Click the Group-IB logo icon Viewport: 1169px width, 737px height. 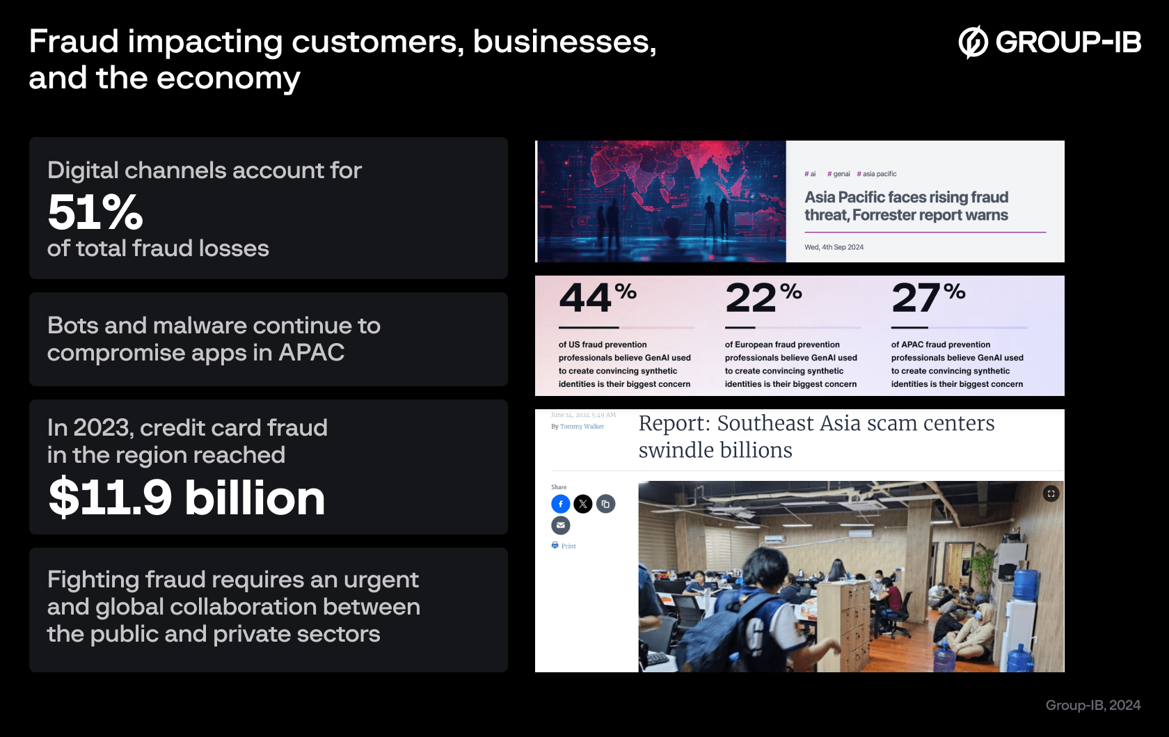click(973, 42)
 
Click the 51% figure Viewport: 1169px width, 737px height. click(95, 212)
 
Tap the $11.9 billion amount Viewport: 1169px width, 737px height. click(186, 498)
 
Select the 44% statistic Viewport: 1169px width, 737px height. click(597, 297)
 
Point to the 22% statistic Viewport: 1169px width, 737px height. click(763, 297)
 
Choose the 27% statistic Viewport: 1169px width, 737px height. click(928, 297)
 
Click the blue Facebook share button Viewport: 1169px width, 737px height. click(561, 504)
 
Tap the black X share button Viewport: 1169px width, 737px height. click(583, 504)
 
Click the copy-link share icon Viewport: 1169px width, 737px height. click(606, 504)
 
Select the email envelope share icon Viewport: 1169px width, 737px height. click(561, 525)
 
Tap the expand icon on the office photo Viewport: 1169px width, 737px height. click(1051, 493)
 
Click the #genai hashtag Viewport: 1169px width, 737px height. click(838, 174)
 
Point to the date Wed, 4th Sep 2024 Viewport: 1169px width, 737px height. click(834, 247)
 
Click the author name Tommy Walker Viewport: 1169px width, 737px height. click(582, 427)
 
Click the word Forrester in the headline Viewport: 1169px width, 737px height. click(884, 215)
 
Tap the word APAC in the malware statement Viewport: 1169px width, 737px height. click(311, 353)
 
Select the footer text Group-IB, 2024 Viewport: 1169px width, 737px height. click(1092, 705)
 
